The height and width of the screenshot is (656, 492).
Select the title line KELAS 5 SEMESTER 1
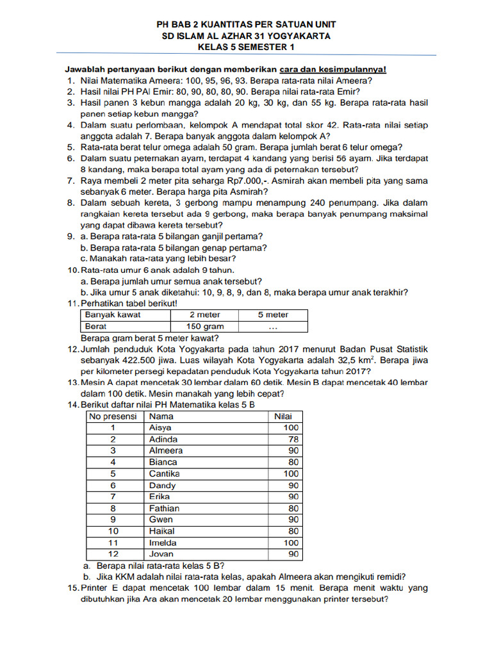(x=247, y=47)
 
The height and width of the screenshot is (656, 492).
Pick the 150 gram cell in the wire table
(x=204, y=326)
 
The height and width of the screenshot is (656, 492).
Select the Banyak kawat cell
(x=113, y=315)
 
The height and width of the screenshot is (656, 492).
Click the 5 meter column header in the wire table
(x=273, y=315)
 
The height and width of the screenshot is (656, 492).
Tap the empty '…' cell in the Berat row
(x=273, y=326)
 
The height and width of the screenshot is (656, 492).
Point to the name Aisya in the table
(x=160, y=427)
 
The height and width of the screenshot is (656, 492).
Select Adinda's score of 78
(x=291, y=439)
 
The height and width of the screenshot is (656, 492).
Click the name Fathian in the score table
(x=164, y=508)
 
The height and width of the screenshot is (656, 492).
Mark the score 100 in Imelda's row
(x=290, y=543)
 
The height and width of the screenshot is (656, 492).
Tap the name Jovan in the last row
(x=161, y=554)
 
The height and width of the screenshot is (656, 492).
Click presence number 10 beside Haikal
(x=113, y=531)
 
